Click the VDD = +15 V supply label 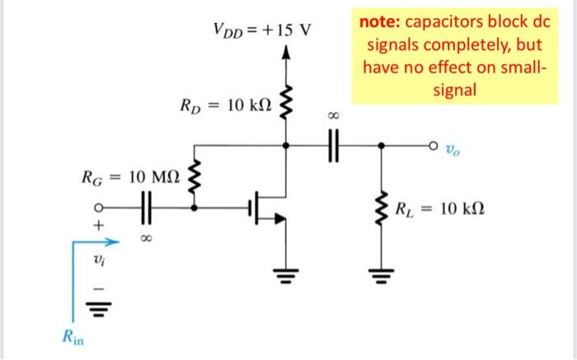coord(262,32)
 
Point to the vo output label coord(452,150)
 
